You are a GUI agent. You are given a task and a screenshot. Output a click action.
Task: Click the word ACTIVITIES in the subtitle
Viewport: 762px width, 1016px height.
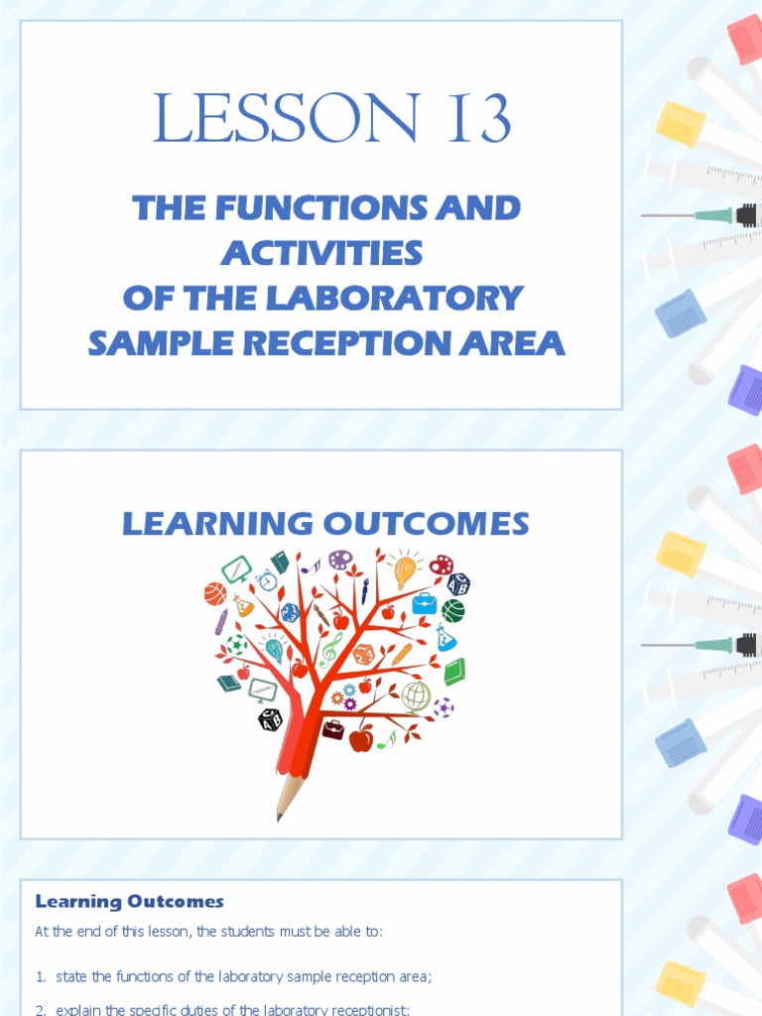322,253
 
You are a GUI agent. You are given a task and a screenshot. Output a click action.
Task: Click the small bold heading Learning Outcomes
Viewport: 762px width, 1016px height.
130,902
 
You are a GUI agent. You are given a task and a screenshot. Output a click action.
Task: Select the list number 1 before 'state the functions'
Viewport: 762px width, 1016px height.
41,976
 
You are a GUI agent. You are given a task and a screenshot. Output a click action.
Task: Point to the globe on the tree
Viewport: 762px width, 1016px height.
417,696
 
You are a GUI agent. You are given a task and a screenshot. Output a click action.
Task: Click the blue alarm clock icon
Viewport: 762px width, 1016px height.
266,580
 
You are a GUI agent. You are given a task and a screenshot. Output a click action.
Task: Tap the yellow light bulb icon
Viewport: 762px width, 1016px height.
405,571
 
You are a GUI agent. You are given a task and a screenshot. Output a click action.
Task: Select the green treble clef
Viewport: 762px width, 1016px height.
330,649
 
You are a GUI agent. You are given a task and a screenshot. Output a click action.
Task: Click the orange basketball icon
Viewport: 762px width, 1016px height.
215,593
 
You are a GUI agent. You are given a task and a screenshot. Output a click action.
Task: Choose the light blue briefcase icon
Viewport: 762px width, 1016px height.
425,603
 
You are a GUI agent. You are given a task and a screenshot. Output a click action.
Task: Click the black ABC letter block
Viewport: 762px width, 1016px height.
270,719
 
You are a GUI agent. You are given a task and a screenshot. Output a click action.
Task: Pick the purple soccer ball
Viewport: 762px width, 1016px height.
444,707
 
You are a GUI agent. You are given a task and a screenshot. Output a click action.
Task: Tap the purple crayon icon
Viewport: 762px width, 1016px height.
221,622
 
